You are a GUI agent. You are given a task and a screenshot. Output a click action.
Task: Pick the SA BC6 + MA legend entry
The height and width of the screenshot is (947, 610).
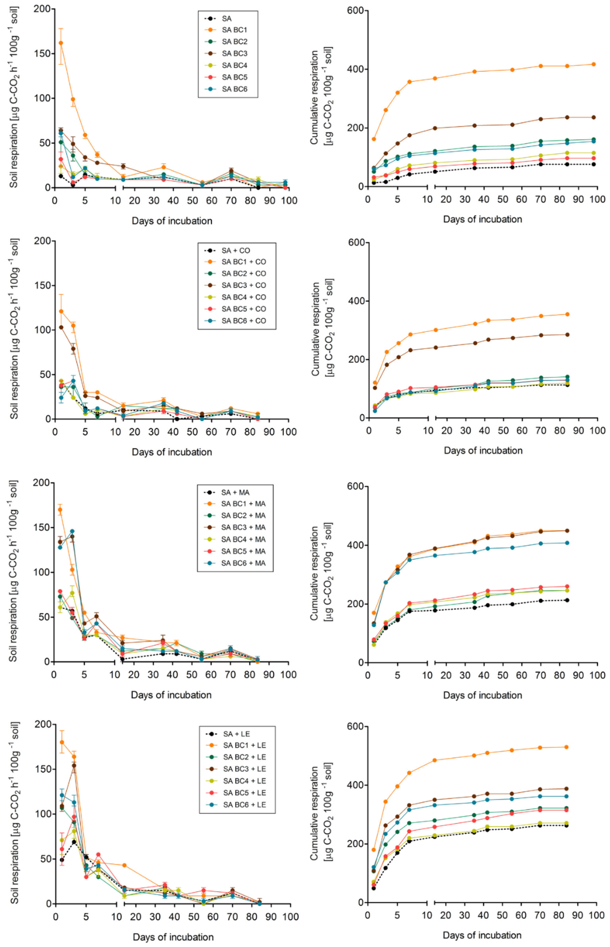(243, 563)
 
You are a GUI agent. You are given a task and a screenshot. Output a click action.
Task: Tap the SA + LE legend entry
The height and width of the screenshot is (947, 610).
(236, 734)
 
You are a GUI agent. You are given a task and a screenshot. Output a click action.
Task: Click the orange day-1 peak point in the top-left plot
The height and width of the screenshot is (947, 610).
(61, 43)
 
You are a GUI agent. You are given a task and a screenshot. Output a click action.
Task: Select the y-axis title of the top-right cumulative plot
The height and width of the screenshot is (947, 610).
(321, 98)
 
